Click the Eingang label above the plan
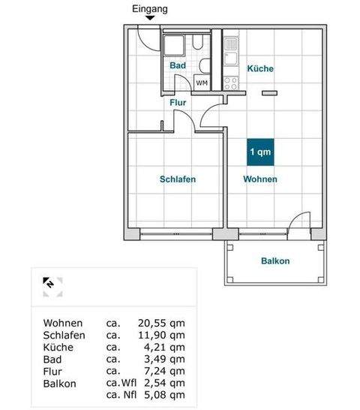[x=150, y=9]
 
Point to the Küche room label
[x=261, y=68]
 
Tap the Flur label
[x=178, y=102]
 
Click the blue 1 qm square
[x=260, y=152]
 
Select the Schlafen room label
[x=178, y=179]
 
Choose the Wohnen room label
[x=260, y=179]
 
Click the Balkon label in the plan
[x=275, y=261]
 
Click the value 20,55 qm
[x=157, y=323]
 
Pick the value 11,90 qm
[x=157, y=335]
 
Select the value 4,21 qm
[x=160, y=347]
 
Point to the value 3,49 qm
[x=160, y=359]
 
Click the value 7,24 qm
[x=160, y=371]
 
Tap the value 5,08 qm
[x=160, y=395]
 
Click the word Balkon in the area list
[x=60, y=383]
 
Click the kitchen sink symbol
[x=231, y=45]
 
